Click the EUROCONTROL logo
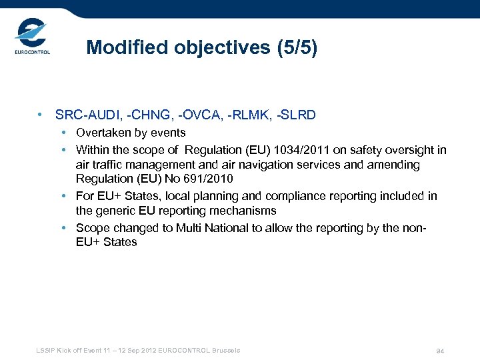pyautogui.click(x=31, y=39)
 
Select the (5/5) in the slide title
pyautogui.click(x=297, y=47)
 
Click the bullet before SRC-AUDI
pyautogui.click(x=41, y=115)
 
